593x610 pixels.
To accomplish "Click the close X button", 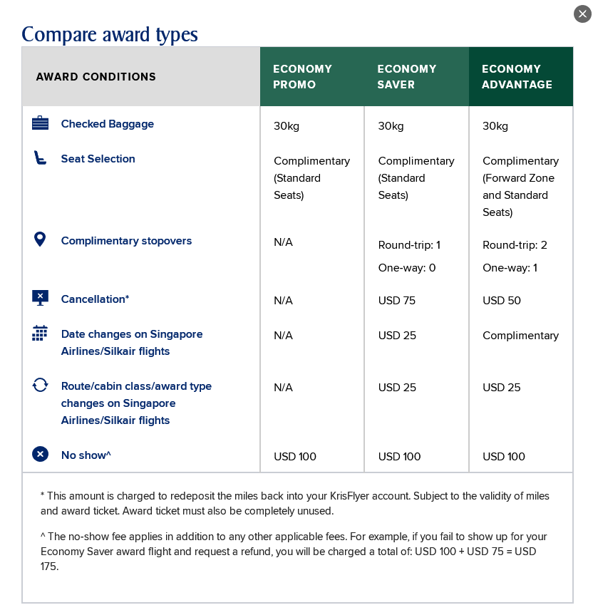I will pos(582,14).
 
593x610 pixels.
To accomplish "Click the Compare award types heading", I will pos(110,34).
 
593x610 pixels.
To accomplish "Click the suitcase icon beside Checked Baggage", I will pos(40,123).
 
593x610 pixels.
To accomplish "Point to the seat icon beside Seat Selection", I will pos(40,158).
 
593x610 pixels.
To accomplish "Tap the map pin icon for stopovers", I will pos(40,239).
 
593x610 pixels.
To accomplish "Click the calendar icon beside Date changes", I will pos(40,334).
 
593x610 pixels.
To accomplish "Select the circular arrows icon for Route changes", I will pos(40,386).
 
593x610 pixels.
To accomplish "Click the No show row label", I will pos(86,455).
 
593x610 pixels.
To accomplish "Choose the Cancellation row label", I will pos(95,299).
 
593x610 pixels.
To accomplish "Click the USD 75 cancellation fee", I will pos(397,301).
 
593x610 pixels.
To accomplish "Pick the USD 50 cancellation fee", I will pos(502,301).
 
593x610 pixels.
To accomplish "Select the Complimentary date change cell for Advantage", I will pos(520,336).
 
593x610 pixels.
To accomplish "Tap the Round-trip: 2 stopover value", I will pos(515,245).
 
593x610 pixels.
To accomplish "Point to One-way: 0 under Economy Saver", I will pos(407,268).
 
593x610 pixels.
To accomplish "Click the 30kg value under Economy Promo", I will pos(287,126).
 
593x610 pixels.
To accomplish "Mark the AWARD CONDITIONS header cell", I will pos(96,77).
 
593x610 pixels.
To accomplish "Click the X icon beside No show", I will pos(40,454).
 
